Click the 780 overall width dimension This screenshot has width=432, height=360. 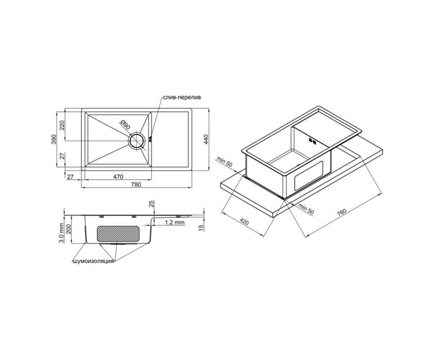(x=136, y=184)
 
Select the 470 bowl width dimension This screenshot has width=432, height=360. (x=118, y=177)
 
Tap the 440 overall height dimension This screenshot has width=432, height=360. (x=206, y=139)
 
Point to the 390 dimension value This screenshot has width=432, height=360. (x=54, y=139)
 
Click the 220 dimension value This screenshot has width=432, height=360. (x=62, y=125)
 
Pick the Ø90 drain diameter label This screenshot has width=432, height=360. (x=125, y=125)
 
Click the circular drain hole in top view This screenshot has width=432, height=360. (x=136, y=141)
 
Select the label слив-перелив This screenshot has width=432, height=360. (x=182, y=97)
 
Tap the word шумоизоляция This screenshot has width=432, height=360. (x=93, y=261)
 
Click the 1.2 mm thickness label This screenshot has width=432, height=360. (x=175, y=222)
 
